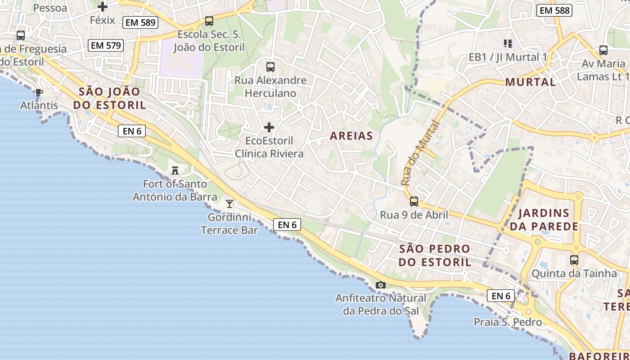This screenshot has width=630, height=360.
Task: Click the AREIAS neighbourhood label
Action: (351, 136)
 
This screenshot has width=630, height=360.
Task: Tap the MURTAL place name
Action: (531, 82)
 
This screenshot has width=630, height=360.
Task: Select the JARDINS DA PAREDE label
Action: (544, 220)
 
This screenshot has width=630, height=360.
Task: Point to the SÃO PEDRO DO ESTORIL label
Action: (435, 255)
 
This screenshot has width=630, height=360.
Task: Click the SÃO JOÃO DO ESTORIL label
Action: (112, 99)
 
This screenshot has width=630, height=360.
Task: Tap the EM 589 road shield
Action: (140, 22)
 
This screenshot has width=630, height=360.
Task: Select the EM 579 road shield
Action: (105, 45)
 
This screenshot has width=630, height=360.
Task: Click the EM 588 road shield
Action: (554, 10)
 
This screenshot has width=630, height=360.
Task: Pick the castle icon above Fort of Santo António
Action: (175, 171)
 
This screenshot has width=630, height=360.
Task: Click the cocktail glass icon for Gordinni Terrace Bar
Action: (229, 204)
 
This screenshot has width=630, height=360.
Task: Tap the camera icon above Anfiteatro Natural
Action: (380, 285)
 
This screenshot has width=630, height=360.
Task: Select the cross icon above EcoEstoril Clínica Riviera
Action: (269, 127)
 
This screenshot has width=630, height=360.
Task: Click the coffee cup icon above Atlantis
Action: (39, 93)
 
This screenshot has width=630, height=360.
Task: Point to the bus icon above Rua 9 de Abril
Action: (414, 202)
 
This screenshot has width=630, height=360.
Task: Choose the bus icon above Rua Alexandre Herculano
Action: (270, 67)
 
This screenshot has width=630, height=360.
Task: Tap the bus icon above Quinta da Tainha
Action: (574, 260)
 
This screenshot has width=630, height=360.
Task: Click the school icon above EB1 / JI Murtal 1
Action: (508, 44)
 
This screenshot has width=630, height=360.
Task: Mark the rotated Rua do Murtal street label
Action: (419, 153)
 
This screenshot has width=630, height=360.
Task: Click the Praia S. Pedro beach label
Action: (508, 322)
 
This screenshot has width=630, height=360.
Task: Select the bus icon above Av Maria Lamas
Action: (603, 50)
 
